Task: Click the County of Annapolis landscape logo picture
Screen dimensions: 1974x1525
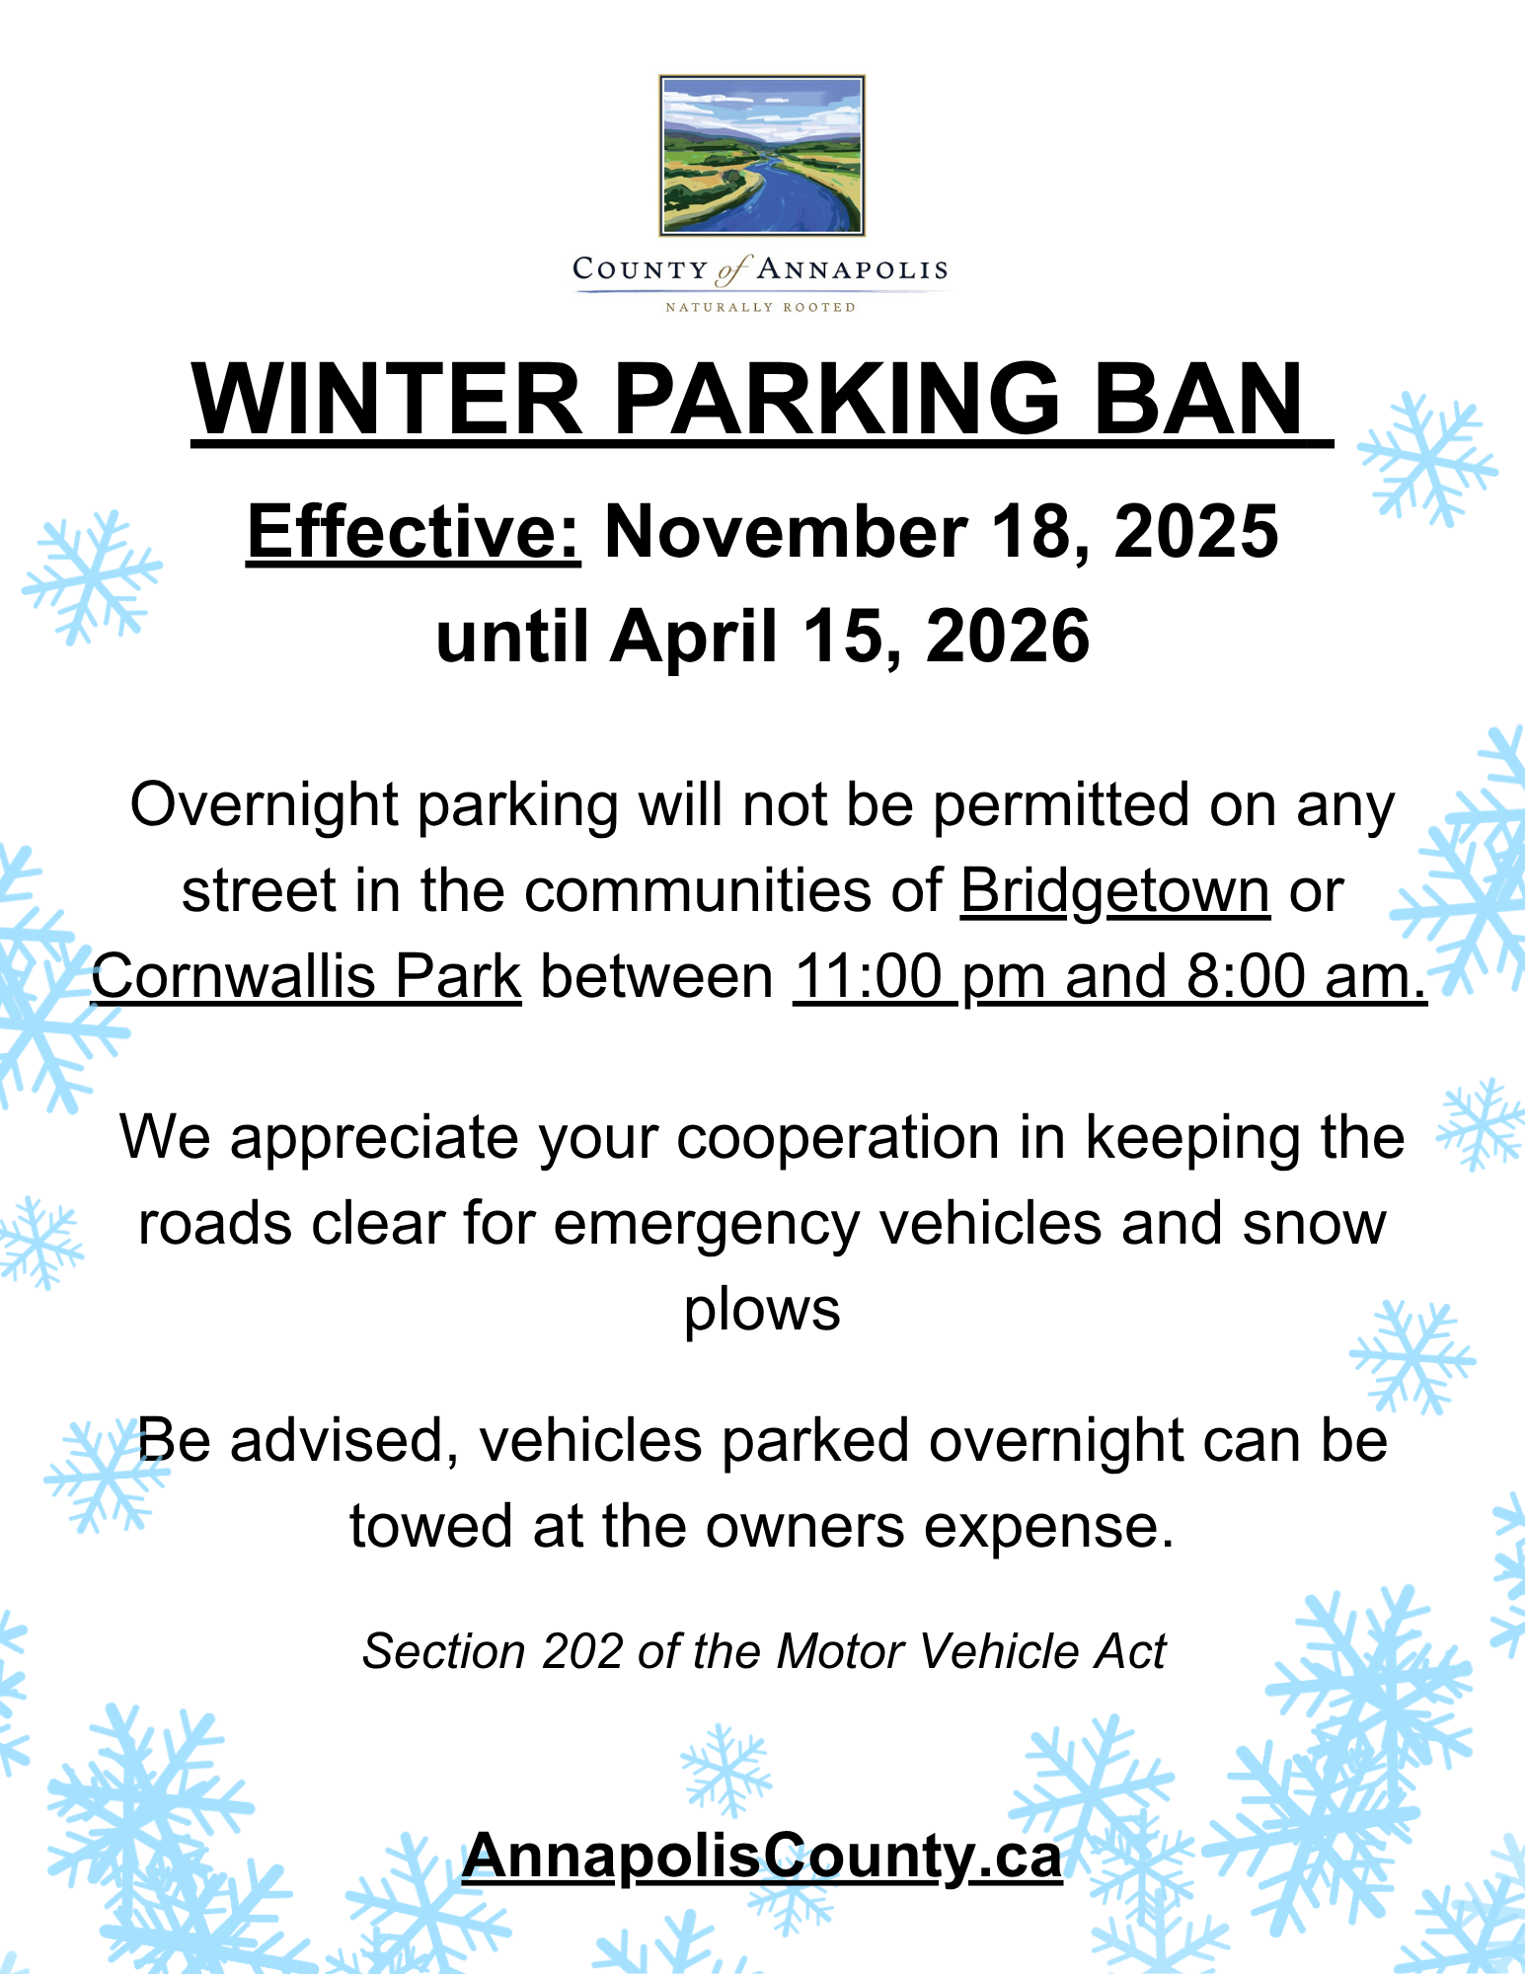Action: tap(761, 155)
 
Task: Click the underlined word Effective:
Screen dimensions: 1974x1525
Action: tap(414, 533)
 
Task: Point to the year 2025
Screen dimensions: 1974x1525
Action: tap(1196, 533)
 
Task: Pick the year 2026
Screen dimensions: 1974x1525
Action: tap(1008, 637)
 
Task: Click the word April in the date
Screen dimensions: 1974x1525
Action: tap(694, 637)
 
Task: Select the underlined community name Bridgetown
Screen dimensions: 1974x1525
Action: tap(1114, 891)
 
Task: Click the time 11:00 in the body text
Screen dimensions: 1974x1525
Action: tap(869, 977)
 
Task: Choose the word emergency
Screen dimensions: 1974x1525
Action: tap(707, 1224)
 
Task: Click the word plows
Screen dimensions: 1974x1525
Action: tap(762, 1310)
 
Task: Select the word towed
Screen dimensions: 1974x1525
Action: tap(430, 1526)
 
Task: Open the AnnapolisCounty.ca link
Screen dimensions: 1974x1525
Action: tap(762, 1857)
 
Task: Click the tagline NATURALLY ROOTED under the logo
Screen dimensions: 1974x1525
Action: tap(760, 307)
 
